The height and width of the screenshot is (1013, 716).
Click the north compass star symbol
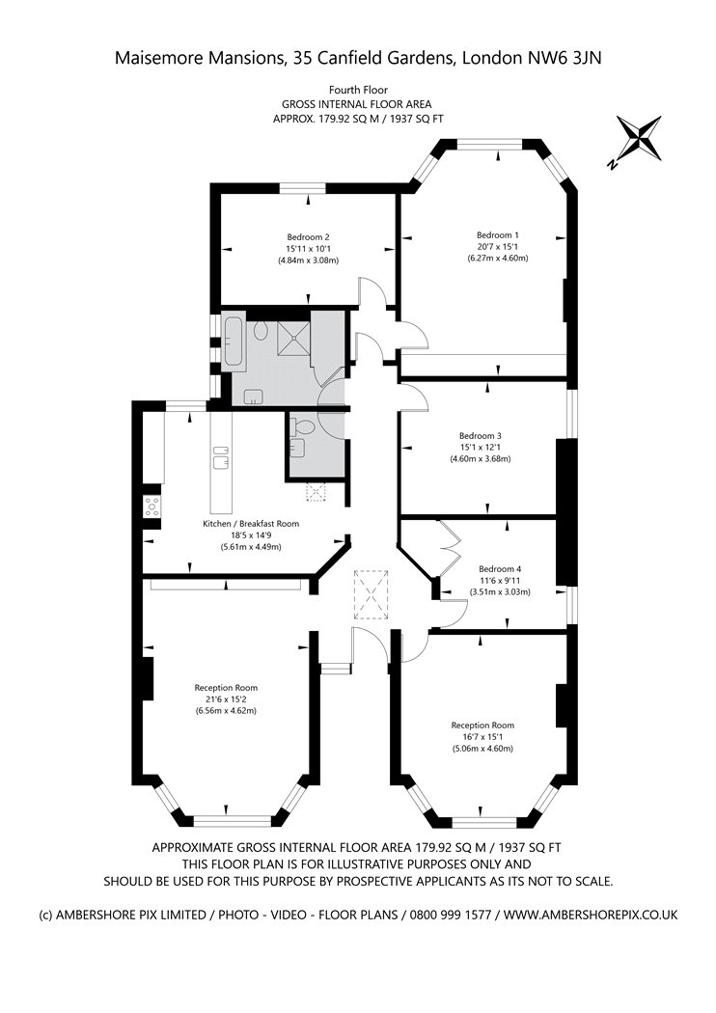pos(639,138)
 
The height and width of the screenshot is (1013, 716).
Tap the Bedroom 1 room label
pos(498,235)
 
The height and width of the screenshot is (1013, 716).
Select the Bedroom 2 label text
pos(309,237)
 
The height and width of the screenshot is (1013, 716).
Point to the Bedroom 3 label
pos(481,436)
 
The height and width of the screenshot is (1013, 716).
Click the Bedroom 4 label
pos(500,569)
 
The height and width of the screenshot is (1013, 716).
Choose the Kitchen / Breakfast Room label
pos(251,523)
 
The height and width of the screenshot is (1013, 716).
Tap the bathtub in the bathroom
pos(234,342)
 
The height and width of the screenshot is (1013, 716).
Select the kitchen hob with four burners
pos(151,506)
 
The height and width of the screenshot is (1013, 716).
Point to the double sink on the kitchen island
pos(220,456)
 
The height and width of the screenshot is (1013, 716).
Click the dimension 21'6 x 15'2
pos(226,699)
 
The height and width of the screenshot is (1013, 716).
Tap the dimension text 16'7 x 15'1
pos(482,736)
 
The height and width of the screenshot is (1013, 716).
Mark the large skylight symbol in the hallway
pos(372,594)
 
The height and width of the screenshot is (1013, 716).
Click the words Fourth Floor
pos(358,91)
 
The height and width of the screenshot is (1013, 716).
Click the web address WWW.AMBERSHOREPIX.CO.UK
pos(591,915)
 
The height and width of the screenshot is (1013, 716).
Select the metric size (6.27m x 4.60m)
pos(498,259)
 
